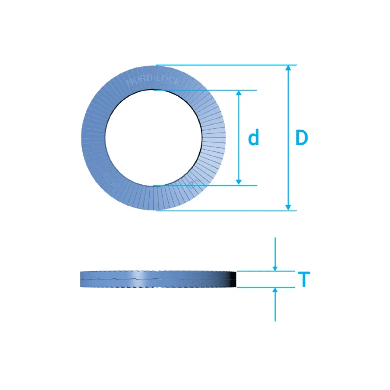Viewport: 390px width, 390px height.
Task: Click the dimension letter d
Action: [254, 138]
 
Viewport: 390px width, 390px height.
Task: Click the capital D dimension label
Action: [301, 138]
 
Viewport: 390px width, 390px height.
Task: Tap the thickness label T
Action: [304, 280]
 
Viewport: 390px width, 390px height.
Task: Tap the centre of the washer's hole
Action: [153, 137]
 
